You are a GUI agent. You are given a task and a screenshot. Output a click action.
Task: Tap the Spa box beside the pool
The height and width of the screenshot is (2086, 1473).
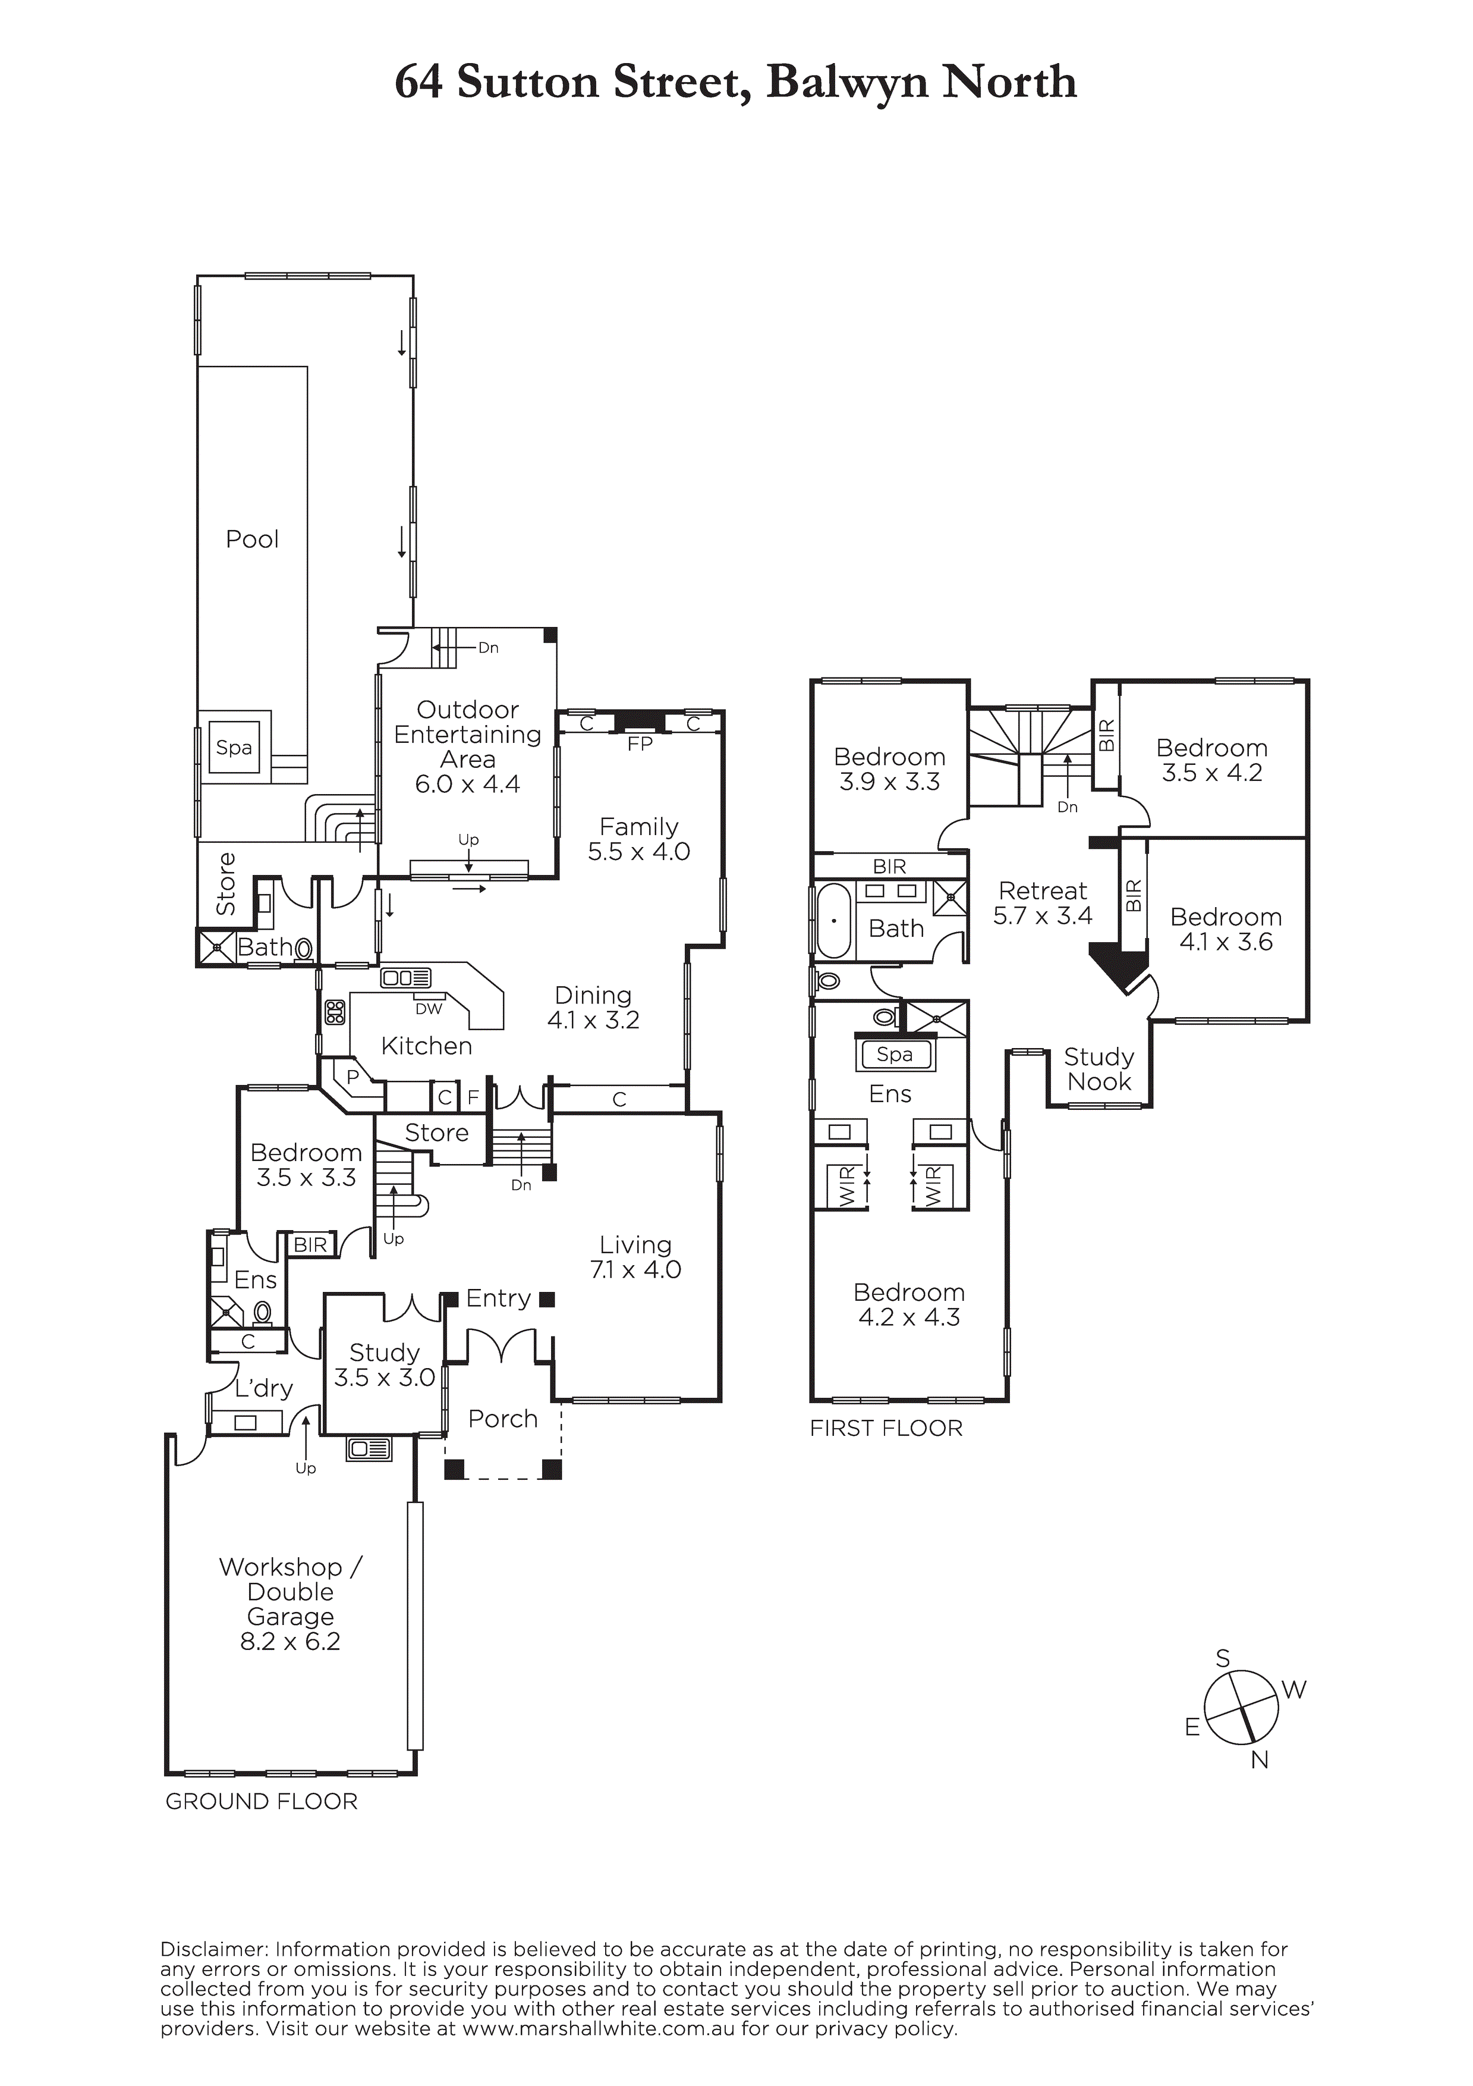coord(234,748)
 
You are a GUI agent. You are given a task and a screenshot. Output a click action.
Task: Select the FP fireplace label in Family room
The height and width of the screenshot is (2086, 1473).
coord(640,744)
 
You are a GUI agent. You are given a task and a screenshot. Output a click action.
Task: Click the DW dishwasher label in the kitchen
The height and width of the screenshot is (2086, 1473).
coord(429,1008)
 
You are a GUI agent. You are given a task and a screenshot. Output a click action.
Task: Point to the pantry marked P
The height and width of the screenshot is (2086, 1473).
coord(353,1077)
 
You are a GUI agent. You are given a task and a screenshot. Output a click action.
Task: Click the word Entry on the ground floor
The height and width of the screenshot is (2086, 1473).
coord(498,1298)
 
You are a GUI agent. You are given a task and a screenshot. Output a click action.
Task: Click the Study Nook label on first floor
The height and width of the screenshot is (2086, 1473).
coord(1099,1069)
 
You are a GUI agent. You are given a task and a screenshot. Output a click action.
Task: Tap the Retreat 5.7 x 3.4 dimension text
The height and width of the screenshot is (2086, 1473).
coord(1043,916)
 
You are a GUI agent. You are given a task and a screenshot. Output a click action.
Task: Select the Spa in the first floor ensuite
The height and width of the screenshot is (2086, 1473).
coord(895,1055)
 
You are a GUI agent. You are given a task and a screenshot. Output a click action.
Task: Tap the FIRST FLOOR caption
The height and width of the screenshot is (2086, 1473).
coord(886,1428)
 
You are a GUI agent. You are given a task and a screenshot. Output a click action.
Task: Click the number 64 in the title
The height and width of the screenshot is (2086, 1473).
coord(418,83)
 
